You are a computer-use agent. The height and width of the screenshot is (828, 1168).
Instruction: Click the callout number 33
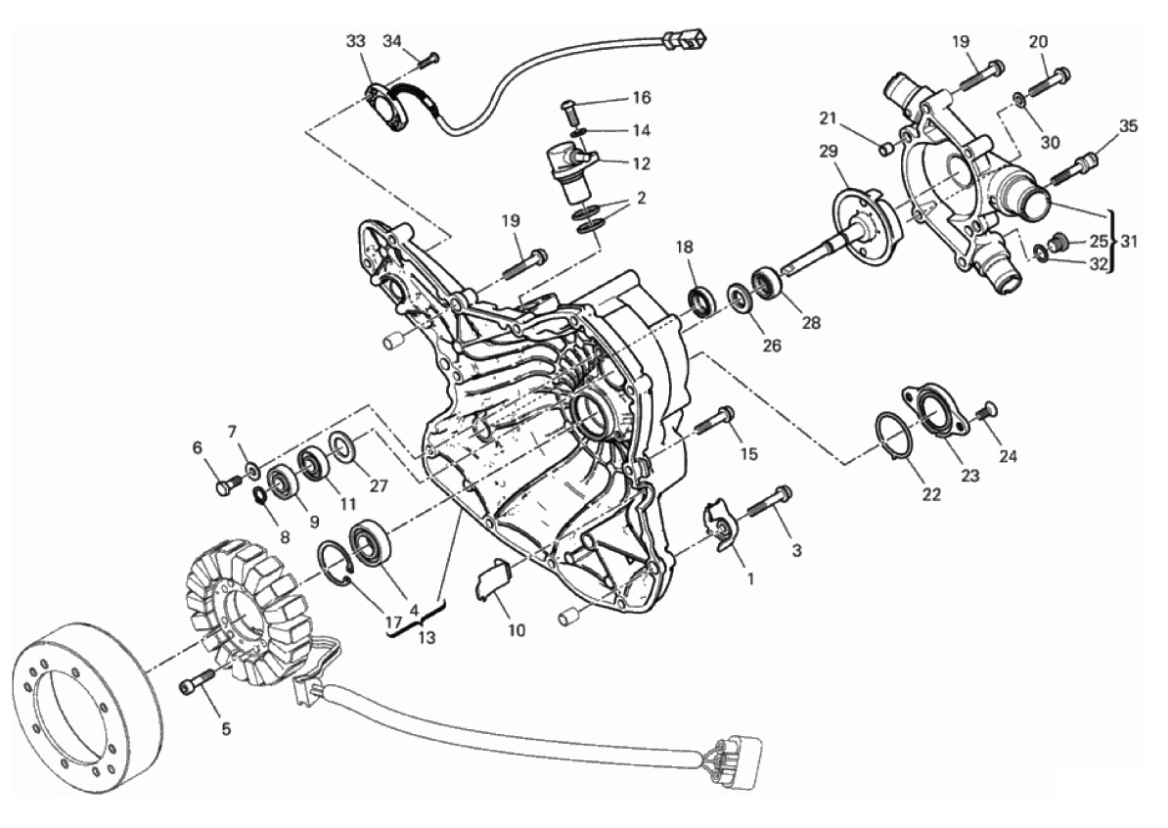coord(356,41)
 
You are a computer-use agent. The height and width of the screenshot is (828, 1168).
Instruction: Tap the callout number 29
coord(829,152)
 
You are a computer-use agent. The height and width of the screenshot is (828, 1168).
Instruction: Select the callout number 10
coord(517,630)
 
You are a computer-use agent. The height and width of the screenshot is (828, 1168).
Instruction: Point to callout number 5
coord(226,729)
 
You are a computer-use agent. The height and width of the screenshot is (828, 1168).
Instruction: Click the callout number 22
coord(931,493)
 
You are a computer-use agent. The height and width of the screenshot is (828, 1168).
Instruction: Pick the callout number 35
coord(1129,126)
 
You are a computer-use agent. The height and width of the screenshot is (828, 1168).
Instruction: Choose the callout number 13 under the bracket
coord(427,638)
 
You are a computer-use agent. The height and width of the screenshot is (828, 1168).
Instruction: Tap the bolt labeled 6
coord(227,485)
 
